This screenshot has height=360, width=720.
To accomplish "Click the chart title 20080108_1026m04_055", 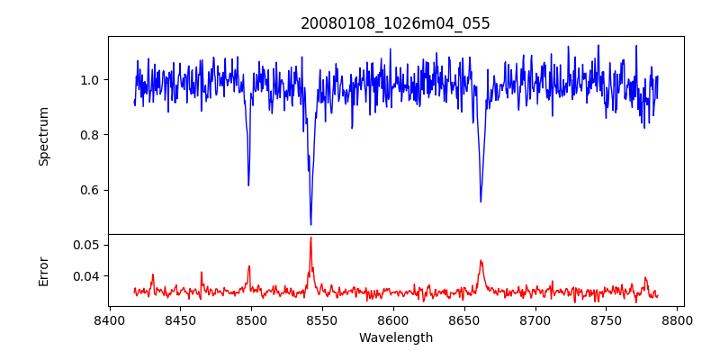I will tap(395, 23).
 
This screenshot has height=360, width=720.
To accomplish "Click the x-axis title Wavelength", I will tap(395, 337).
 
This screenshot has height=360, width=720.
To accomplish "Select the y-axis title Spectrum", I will tap(43, 136).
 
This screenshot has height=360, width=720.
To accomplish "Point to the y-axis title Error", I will tap(43, 270).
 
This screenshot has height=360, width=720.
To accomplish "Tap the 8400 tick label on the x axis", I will tap(109, 319).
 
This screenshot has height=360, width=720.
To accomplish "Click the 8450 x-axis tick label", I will tap(180, 319).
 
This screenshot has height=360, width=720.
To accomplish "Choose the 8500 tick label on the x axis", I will tap(251, 319).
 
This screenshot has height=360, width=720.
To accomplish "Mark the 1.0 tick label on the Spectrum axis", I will tap(87, 80).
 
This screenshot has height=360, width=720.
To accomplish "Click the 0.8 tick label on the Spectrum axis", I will tap(87, 135).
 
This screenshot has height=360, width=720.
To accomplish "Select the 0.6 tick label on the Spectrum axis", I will tap(87, 190).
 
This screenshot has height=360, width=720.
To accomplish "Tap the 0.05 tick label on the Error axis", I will tap(85, 245).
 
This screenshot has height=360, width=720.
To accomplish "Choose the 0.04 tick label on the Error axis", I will tap(85, 276).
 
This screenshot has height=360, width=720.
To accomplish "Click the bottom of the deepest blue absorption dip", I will tap(310, 224).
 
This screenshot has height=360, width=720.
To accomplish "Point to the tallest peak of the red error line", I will tap(310, 238).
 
